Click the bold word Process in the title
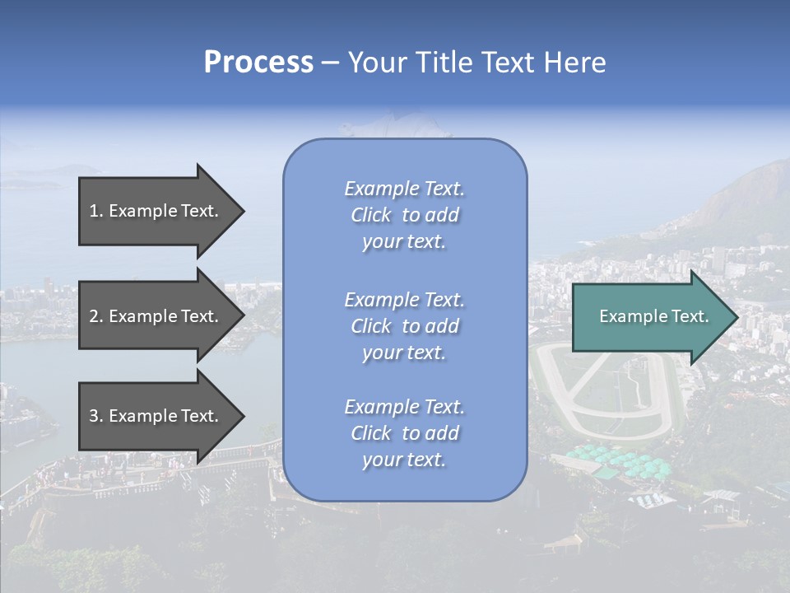point(258,63)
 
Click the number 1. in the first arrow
point(96,211)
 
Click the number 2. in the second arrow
point(96,316)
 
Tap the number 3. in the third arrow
point(96,416)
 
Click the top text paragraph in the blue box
point(405,215)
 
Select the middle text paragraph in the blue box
point(405,326)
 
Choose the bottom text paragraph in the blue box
point(405,433)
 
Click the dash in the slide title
point(330,63)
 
